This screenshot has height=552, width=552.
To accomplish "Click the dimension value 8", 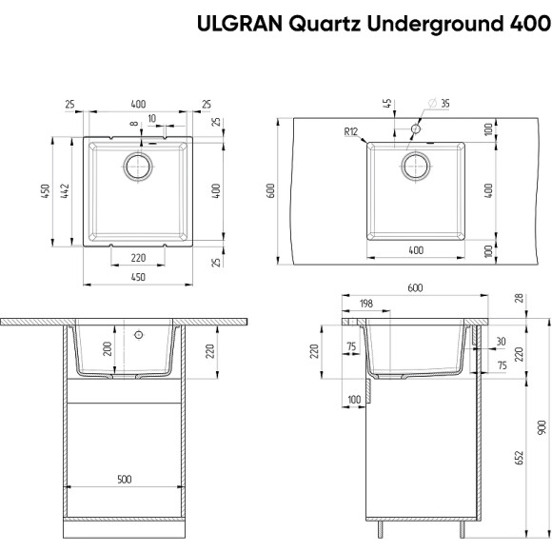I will tap(135, 123).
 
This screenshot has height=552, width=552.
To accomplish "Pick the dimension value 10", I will tap(152, 118).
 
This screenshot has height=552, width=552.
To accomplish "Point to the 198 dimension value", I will tap(366, 304).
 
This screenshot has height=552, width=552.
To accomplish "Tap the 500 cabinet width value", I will tap(124, 480).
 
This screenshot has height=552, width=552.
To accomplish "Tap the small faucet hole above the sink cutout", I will tap(416, 128).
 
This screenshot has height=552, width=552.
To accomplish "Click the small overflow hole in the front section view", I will tap(139, 336).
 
